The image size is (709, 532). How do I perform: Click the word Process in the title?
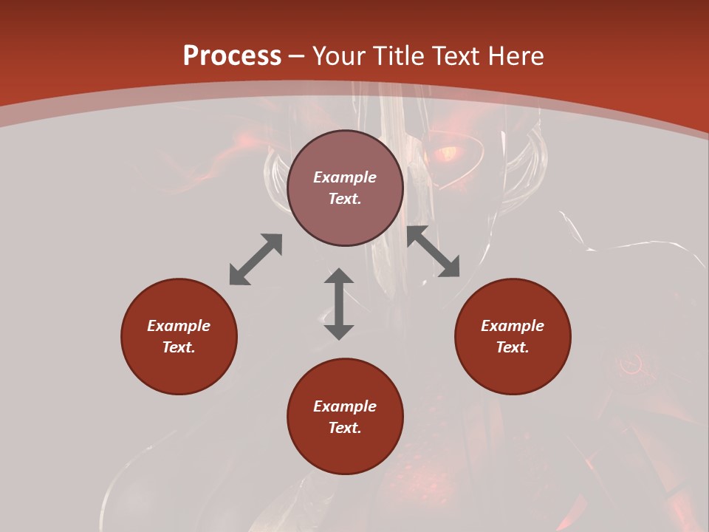coord(232,56)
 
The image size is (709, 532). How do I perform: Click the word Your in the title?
coord(340,56)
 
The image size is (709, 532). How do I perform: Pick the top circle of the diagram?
coord(345,188)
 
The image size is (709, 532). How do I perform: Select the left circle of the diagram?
coord(179,336)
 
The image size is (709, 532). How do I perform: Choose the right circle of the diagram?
coord(513,336)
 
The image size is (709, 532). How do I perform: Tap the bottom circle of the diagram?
coord(345,416)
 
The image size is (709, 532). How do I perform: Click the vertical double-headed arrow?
coord(339,304)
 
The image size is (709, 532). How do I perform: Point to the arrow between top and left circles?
coord(256,259)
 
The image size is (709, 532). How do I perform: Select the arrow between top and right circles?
coord(433,251)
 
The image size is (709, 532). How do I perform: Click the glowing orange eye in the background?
coord(448,154)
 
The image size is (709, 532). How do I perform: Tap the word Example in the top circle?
coord(345,177)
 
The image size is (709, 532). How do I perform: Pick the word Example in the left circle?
coord(179,326)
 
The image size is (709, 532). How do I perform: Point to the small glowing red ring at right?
coord(630,362)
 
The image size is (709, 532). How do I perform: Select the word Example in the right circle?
coord(513,326)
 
